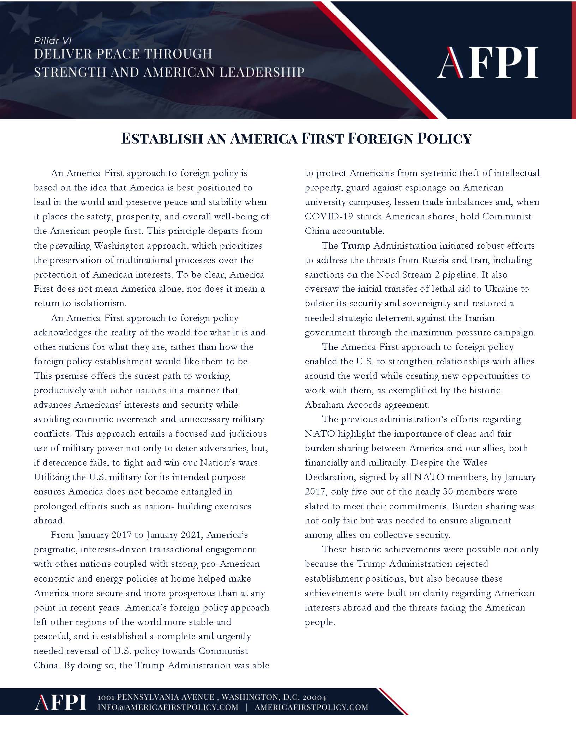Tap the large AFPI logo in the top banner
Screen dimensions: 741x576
[487, 63]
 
